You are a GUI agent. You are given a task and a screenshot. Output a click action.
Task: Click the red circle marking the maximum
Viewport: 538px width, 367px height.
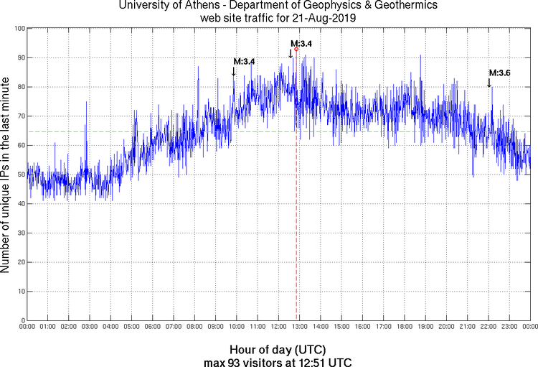click(x=296, y=49)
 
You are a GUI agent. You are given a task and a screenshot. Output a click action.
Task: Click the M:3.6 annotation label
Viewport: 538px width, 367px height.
click(x=499, y=73)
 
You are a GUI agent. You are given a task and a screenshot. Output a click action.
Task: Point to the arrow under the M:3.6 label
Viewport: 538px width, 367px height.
click(x=489, y=83)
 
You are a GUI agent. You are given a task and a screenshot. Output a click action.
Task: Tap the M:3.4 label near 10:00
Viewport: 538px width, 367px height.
click(x=244, y=62)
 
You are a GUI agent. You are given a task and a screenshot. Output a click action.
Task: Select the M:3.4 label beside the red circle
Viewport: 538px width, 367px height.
click(x=301, y=44)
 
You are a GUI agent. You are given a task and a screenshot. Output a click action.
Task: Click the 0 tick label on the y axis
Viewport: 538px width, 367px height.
click(x=22, y=320)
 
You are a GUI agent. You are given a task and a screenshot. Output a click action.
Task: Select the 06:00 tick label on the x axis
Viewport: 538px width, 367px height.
click(x=153, y=327)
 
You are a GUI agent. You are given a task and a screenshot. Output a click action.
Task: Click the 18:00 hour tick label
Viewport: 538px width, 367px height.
click(x=405, y=327)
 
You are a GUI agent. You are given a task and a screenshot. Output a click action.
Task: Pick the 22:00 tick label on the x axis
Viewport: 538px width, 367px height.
click(x=489, y=327)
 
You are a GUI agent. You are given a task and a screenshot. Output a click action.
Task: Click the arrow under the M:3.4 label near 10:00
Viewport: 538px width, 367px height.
click(x=233, y=72)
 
